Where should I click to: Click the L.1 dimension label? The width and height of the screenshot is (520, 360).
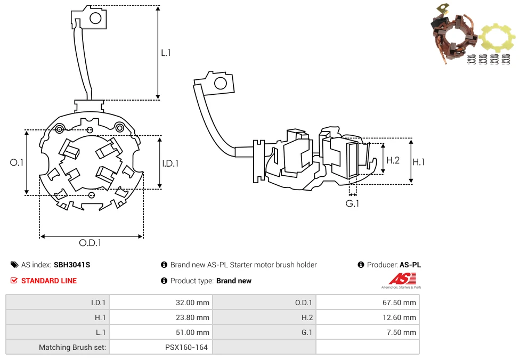166,53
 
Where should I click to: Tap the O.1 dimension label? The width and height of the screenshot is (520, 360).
17,162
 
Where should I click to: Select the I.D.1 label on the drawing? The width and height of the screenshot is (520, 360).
170,163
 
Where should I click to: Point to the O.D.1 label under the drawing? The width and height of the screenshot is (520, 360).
90,243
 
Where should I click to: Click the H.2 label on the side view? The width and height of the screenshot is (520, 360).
393,160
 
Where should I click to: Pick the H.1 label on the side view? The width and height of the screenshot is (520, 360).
419,161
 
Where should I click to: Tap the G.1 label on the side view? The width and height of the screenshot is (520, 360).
352,203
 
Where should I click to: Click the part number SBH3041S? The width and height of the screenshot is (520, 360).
72,265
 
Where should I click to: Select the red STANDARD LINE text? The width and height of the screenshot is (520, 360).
49,281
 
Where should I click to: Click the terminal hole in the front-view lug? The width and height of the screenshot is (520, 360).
95,19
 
